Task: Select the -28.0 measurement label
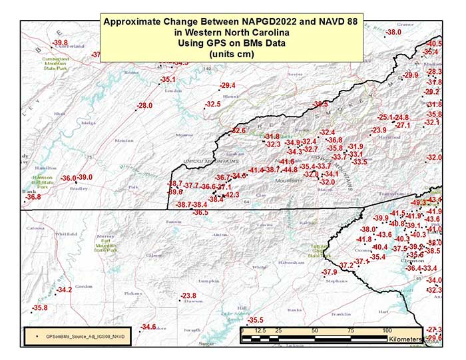[144, 106]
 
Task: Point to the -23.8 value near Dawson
[189, 295]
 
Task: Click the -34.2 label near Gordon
[65, 290]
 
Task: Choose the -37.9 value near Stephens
[330, 273]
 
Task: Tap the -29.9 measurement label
[411, 75]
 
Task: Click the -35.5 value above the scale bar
[256, 320]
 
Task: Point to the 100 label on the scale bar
[386, 331]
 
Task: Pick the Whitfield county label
[67, 234]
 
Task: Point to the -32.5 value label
[212, 104]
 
